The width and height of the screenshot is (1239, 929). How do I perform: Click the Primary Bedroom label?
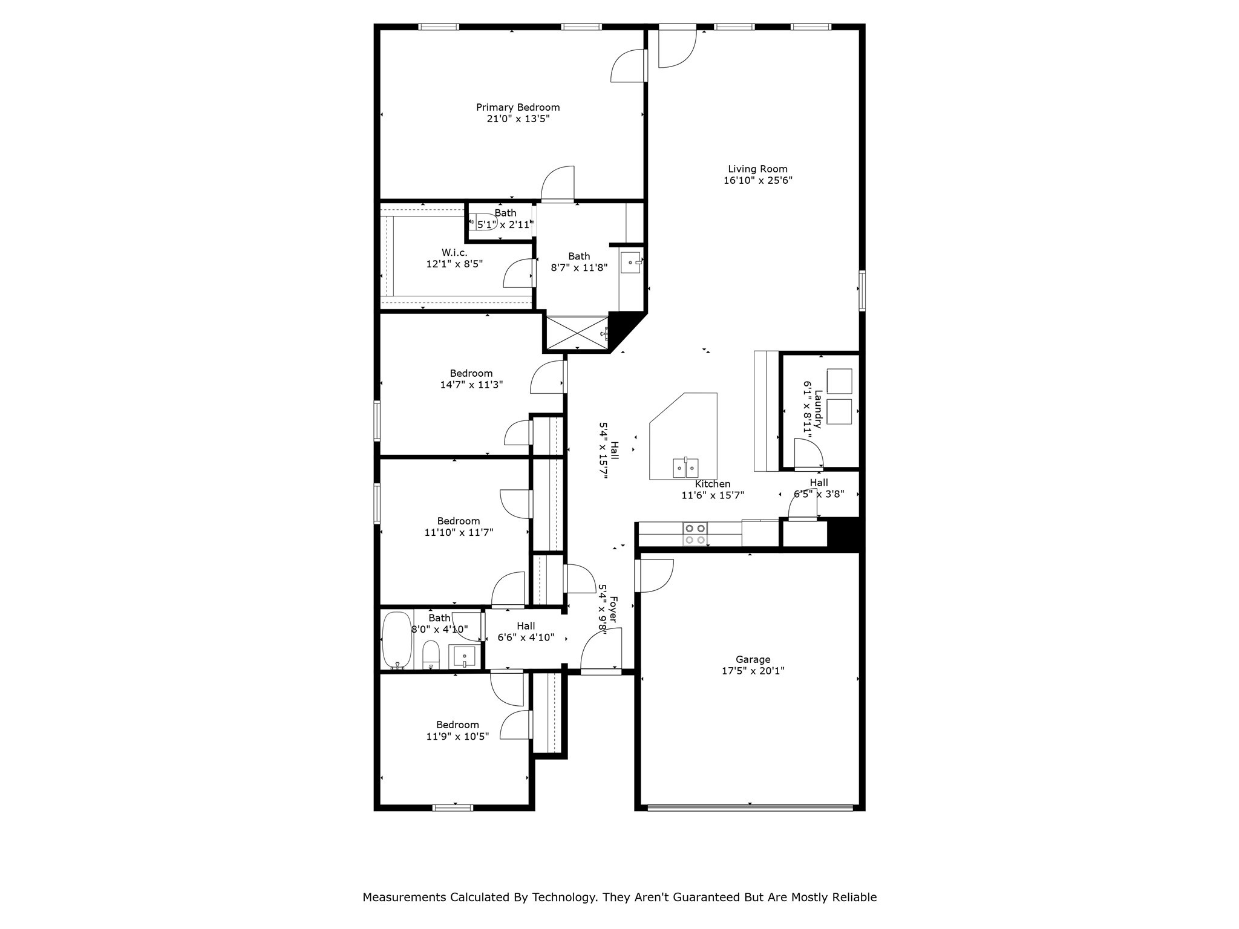pyautogui.click(x=518, y=108)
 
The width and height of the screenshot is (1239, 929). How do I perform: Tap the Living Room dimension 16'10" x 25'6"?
pyautogui.click(x=757, y=180)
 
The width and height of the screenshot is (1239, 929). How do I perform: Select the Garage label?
pyautogui.click(x=753, y=659)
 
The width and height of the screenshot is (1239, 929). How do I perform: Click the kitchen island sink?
pyautogui.click(x=685, y=468)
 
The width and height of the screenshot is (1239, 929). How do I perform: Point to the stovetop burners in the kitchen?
pyautogui.click(x=695, y=533)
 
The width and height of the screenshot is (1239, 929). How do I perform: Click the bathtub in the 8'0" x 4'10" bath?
pyautogui.click(x=397, y=639)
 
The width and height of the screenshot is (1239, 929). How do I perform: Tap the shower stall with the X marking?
pyautogui.click(x=576, y=332)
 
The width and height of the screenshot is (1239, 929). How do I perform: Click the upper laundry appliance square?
pyautogui.click(x=839, y=382)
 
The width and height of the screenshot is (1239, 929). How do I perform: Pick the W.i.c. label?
pyautogui.click(x=454, y=253)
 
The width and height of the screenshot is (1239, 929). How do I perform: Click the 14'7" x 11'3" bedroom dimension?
pyautogui.click(x=471, y=385)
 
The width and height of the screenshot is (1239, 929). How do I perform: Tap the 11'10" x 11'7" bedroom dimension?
pyautogui.click(x=459, y=532)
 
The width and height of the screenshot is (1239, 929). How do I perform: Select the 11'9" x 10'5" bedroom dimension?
pyautogui.click(x=457, y=736)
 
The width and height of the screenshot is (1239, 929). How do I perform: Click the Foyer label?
pyautogui.click(x=613, y=610)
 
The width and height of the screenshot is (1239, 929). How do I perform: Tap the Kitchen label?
pyautogui.click(x=712, y=484)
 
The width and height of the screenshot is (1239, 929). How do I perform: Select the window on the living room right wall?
pyautogui.click(x=862, y=290)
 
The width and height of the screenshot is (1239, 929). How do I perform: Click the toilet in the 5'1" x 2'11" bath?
pyautogui.click(x=486, y=223)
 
